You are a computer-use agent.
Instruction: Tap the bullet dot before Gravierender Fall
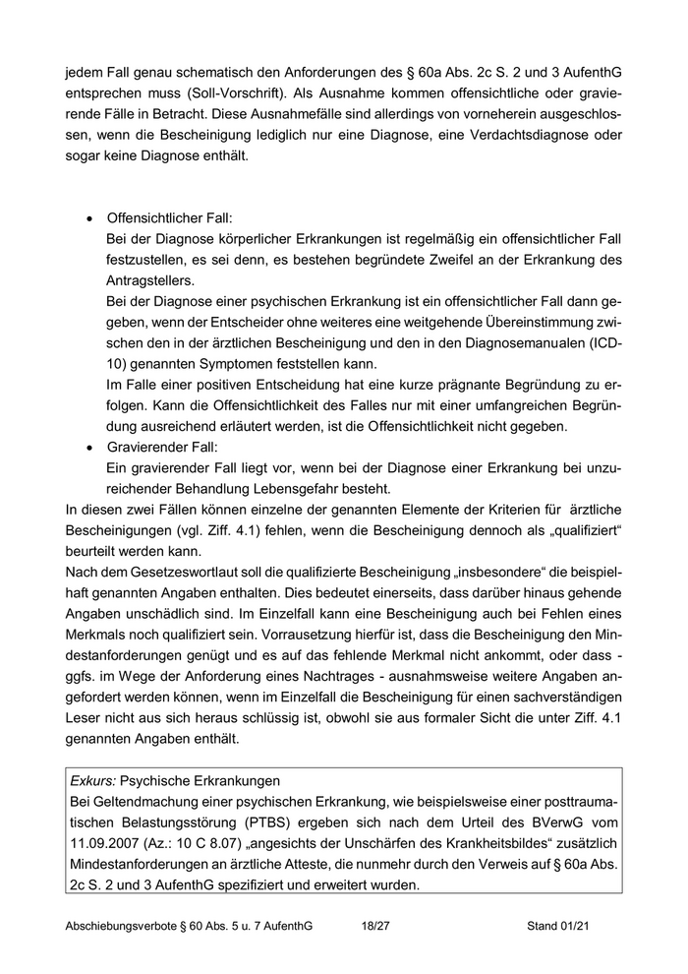tap(91, 448)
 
